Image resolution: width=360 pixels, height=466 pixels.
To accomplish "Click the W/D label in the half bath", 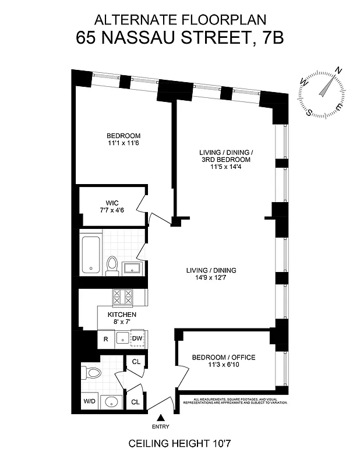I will [x=90, y=401].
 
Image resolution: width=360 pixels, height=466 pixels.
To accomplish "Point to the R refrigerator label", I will [x=105, y=338].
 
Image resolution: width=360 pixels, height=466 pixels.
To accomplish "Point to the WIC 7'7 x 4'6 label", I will [x=112, y=207].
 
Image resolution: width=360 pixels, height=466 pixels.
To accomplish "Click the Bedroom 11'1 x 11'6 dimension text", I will [x=123, y=143].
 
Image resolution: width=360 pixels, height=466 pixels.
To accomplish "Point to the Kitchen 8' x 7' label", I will [x=122, y=318].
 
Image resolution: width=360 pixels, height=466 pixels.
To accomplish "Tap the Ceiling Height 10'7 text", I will [x=181, y=444].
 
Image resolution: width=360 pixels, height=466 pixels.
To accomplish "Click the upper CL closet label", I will [x=136, y=362].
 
